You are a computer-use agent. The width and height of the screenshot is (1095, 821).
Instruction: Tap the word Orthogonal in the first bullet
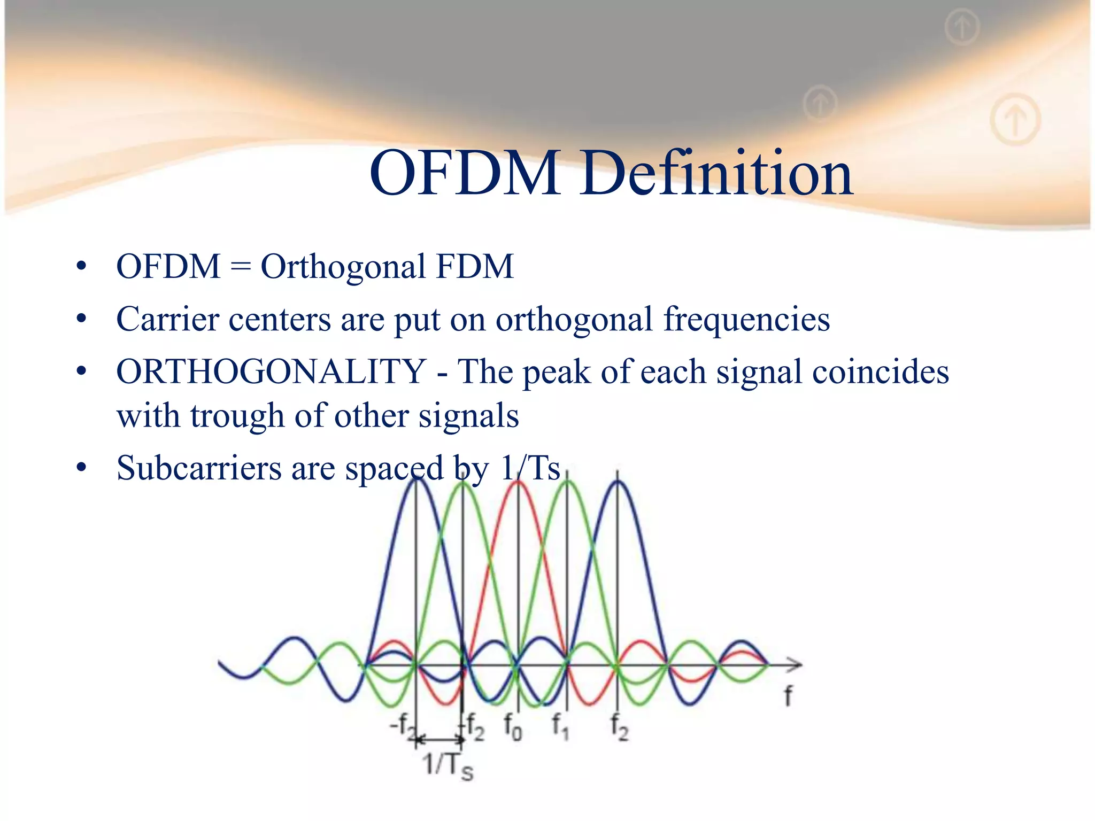(x=343, y=266)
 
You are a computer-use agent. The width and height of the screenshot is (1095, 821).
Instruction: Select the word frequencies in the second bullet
(x=746, y=319)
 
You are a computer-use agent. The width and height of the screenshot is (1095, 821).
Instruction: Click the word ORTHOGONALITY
(x=271, y=371)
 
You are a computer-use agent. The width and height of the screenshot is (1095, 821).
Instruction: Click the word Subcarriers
(x=198, y=468)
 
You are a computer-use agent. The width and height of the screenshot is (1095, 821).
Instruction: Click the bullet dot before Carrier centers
(x=81, y=319)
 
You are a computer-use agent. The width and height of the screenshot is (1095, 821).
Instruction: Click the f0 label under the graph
(x=513, y=727)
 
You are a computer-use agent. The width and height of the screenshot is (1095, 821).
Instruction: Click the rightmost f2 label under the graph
(x=620, y=727)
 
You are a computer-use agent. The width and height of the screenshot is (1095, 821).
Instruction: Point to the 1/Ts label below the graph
(x=448, y=765)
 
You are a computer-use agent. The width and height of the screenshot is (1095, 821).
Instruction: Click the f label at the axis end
(x=788, y=696)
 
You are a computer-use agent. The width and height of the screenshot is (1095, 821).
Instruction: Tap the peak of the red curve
(x=518, y=482)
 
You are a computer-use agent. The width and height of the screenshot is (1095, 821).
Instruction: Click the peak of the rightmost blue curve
(x=618, y=482)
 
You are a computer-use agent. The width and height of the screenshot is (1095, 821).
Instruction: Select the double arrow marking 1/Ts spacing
(x=439, y=740)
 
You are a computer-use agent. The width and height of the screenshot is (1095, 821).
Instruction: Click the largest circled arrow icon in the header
(x=1015, y=119)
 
